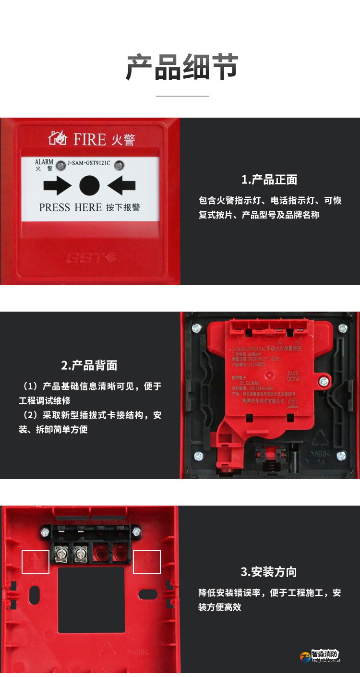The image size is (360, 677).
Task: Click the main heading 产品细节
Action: (181, 67)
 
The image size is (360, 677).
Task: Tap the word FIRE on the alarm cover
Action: (89, 140)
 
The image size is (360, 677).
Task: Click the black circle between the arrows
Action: (89, 185)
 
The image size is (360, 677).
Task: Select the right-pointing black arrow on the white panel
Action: (57, 185)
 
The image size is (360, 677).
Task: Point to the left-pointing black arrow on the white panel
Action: (121, 185)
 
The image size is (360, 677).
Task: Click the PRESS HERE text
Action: (70, 207)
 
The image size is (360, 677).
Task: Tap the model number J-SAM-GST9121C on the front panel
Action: (89, 163)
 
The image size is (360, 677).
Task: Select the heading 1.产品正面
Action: (269, 180)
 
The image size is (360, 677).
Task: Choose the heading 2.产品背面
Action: (89, 365)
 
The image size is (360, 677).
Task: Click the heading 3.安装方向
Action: (269, 572)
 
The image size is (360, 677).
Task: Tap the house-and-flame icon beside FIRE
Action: (58, 139)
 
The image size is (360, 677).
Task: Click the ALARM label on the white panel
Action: (44, 162)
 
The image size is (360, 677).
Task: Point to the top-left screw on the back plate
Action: (196, 328)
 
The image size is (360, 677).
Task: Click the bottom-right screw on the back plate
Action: (341, 456)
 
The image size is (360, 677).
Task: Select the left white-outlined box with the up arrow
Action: (36, 562)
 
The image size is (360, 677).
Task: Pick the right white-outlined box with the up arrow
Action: (146, 562)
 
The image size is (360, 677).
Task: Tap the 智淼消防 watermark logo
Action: (320, 655)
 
